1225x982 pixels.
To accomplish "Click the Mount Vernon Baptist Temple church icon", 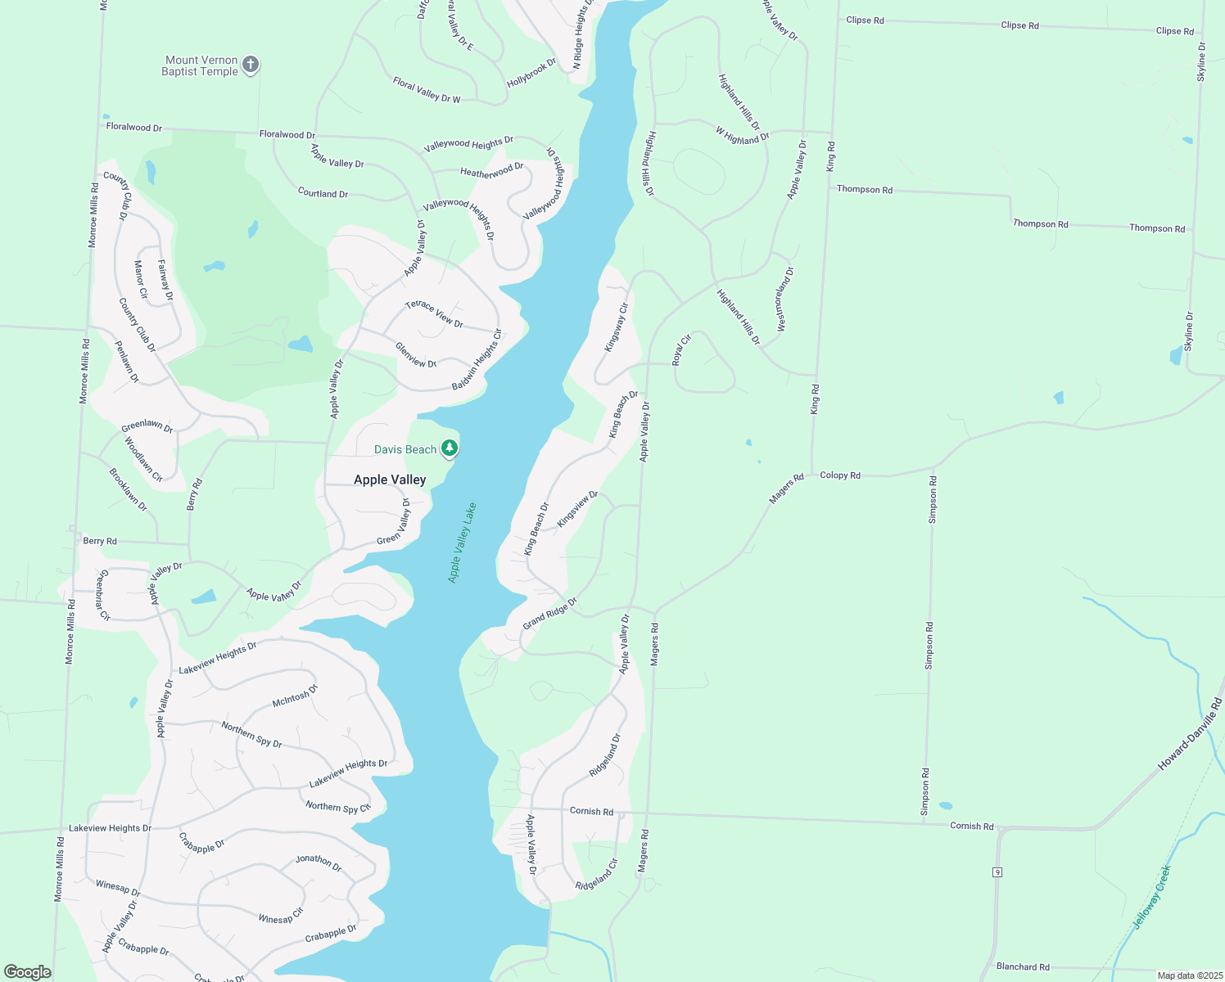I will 251,65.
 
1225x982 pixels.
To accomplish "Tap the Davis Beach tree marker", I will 449,448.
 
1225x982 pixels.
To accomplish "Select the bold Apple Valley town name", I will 390,480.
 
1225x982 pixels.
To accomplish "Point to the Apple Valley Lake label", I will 462,542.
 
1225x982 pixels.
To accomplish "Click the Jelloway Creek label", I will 1151,897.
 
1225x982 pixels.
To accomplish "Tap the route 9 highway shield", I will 997,872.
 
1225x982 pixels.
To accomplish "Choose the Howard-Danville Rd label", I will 1190,735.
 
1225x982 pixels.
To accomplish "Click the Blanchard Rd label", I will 1023,966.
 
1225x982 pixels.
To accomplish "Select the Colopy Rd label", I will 840,475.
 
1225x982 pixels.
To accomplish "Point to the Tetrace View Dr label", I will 434,313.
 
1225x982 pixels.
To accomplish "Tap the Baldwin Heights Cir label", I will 477,360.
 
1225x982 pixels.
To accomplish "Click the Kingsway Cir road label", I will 616,327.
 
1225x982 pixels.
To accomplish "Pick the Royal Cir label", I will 681,349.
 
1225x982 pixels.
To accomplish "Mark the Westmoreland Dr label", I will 784,299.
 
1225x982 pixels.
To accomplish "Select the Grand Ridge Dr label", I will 549,613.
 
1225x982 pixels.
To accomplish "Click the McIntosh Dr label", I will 295,696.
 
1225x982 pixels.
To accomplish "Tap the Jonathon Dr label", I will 319,862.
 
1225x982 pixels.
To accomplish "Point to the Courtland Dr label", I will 323,193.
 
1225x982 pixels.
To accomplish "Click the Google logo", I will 28,972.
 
